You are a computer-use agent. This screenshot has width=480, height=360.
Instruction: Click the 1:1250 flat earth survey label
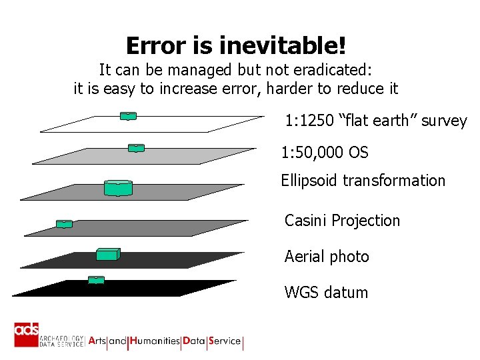click(x=376, y=121)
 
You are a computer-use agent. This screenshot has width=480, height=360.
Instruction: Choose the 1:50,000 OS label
click(x=325, y=153)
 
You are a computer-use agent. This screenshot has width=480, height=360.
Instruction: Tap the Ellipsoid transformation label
click(x=363, y=181)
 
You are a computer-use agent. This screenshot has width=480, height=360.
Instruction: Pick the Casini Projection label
click(x=342, y=221)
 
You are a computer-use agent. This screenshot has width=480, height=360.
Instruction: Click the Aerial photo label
click(x=327, y=257)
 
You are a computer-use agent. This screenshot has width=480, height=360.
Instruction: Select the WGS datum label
click(x=326, y=292)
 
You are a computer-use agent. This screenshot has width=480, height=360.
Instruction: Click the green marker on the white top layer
click(x=128, y=116)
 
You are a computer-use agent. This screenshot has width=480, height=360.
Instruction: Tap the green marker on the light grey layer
click(x=136, y=148)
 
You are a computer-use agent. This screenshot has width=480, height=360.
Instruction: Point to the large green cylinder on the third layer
click(x=118, y=188)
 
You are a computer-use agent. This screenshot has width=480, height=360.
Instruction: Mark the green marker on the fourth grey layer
click(x=64, y=224)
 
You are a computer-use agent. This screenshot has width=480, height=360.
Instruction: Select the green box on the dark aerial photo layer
click(x=107, y=254)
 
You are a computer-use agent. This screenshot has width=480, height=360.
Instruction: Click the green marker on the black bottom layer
click(x=97, y=281)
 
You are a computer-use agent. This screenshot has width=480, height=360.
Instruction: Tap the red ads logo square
click(x=27, y=334)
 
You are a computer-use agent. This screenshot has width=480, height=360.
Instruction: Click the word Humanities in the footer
click(x=155, y=341)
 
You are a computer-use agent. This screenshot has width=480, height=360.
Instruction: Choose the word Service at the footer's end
click(x=225, y=341)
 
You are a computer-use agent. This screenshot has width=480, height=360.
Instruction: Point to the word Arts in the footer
click(x=97, y=341)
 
